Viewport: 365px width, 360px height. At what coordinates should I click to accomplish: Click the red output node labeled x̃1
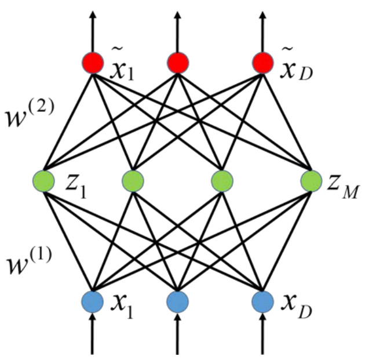93,63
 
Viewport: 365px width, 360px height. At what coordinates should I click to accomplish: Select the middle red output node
178,63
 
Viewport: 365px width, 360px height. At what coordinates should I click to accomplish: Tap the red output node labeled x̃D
263,63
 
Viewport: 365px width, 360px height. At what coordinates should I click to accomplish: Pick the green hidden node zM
312,182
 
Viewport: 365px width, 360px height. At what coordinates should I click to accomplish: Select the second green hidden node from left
133,182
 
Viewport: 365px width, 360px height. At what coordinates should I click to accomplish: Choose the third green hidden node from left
222,182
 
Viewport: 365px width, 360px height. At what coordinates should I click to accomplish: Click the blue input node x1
93,301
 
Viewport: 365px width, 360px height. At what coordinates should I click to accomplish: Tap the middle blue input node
178,301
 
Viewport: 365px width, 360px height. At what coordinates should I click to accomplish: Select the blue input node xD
263,301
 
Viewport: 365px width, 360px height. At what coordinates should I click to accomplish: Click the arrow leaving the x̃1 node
93,26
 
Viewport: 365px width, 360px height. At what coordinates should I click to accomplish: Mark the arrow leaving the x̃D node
263,26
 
